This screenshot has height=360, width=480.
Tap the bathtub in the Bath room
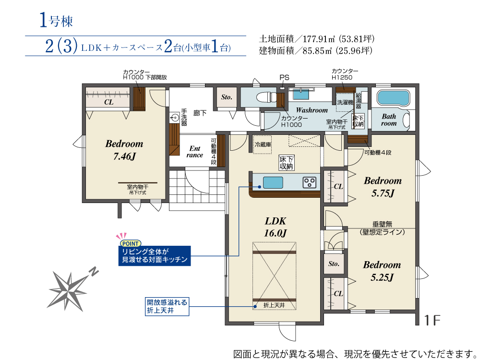pyautogui.click(x=393, y=98)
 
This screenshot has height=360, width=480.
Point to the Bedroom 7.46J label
pyautogui.click(x=124, y=150)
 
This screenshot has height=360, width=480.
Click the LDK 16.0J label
pyautogui.click(x=275, y=227)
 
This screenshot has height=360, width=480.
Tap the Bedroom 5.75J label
pyautogui.click(x=383, y=187)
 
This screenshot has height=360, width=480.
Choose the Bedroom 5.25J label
pyautogui.click(x=382, y=271)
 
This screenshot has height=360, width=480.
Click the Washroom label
pyautogui.click(x=312, y=110)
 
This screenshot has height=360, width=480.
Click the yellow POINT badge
pyautogui.click(x=130, y=243)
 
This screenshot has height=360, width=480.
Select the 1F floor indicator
pyautogui.click(x=432, y=320)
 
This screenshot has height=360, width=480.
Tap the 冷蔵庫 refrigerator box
pyautogui.click(x=263, y=144)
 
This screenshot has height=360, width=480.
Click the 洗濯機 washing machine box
pyautogui.click(x=345, y=102)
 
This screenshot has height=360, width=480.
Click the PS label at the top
pyautogui.click(x=284, y=78)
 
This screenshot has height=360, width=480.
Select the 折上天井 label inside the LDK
pyautogui.click(x=274, y=305)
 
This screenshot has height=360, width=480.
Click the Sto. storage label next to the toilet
pyautogui.click(x=227, y=97)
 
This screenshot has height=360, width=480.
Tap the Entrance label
pyautogui.click(x=195, y=152)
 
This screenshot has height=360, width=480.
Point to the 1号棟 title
pyautogui.click(x=56, y=21)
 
